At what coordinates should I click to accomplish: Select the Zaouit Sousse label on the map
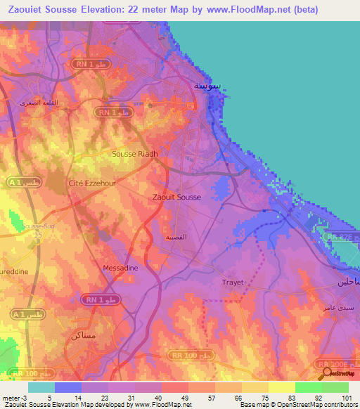click(x=176, y=197)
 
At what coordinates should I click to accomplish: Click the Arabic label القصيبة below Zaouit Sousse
click(x=175, y=238)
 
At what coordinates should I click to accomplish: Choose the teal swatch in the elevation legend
click(x=41, y=387)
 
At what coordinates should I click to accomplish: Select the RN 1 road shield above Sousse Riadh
click(x=113, y=112)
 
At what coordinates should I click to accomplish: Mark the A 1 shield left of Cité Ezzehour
click(x=21, y=183)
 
